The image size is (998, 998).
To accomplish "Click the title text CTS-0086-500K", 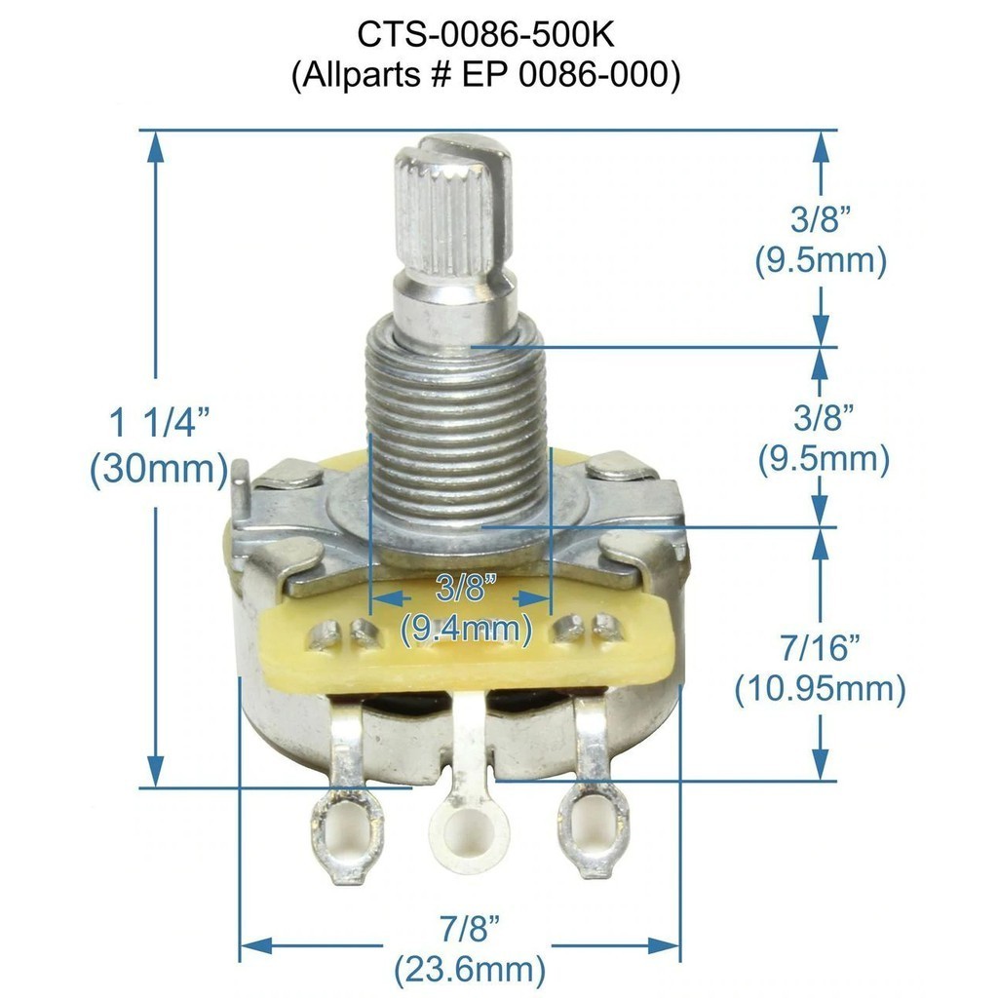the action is [485, 34].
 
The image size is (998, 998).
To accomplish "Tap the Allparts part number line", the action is [485, 75].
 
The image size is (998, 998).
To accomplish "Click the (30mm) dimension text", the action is [159, 470].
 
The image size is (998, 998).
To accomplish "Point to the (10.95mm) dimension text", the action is [821, 689].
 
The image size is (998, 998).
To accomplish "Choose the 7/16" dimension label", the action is [821, 648].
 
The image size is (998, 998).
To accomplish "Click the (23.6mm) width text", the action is [470, 970].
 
